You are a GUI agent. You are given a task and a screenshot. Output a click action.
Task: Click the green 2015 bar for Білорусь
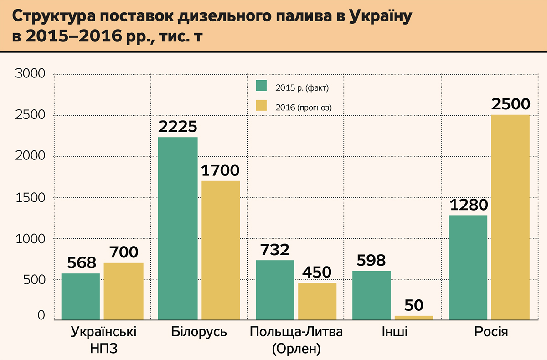click(x=178, y=228)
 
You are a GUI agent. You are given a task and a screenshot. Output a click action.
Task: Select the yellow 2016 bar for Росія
click(x=511, y=217)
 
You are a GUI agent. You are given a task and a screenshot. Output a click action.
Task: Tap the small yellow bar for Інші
click(x=413, y=317)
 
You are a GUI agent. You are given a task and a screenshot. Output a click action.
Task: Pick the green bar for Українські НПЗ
click(x=81, y=296)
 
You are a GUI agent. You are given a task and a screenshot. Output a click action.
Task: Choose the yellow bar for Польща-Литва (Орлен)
click(x=317, y=301)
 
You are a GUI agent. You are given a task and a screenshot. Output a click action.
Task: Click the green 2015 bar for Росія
click(x=468, y=267)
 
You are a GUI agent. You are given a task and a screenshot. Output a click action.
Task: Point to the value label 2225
click(x=178, y=127)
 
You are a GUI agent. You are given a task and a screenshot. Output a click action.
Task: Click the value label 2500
click(x=511, y=104)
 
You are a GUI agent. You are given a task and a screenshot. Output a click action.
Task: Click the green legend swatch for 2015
click(x=261, y=86)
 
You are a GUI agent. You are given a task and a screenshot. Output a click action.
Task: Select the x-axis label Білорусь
click(x=199, y=332)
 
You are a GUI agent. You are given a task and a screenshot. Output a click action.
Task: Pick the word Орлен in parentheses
click(x=296, y=349)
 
